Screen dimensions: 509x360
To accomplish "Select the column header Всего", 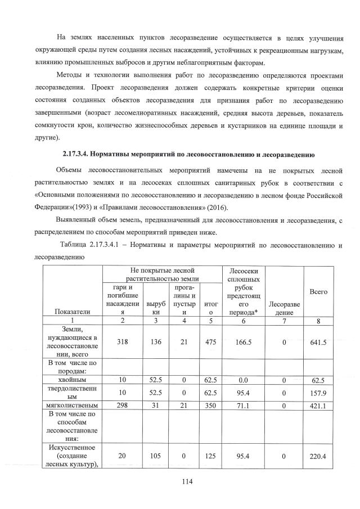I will click(318, 292).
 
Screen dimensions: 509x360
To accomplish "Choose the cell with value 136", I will click(155, 340).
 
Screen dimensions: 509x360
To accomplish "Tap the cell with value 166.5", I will click(242, 340).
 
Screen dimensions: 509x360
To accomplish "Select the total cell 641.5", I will click(318, 340).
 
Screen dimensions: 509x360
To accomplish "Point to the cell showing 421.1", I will click(318, 405).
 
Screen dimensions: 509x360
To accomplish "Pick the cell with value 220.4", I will click(318, 457).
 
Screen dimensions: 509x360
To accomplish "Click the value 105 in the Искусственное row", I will click(155, 457).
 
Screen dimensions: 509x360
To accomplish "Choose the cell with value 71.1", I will click(242, 405).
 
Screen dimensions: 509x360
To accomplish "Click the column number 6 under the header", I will click(242, 321).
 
